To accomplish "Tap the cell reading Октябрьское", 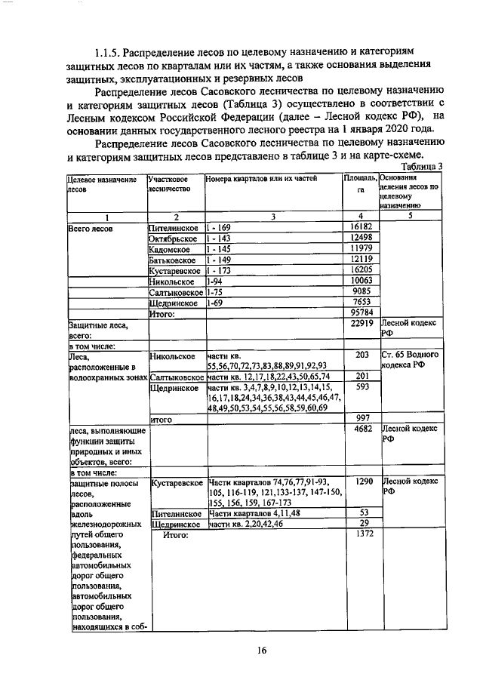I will point(173,238).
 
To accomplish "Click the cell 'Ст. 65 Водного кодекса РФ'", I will point(409,360).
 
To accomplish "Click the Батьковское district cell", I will point(174,263).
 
